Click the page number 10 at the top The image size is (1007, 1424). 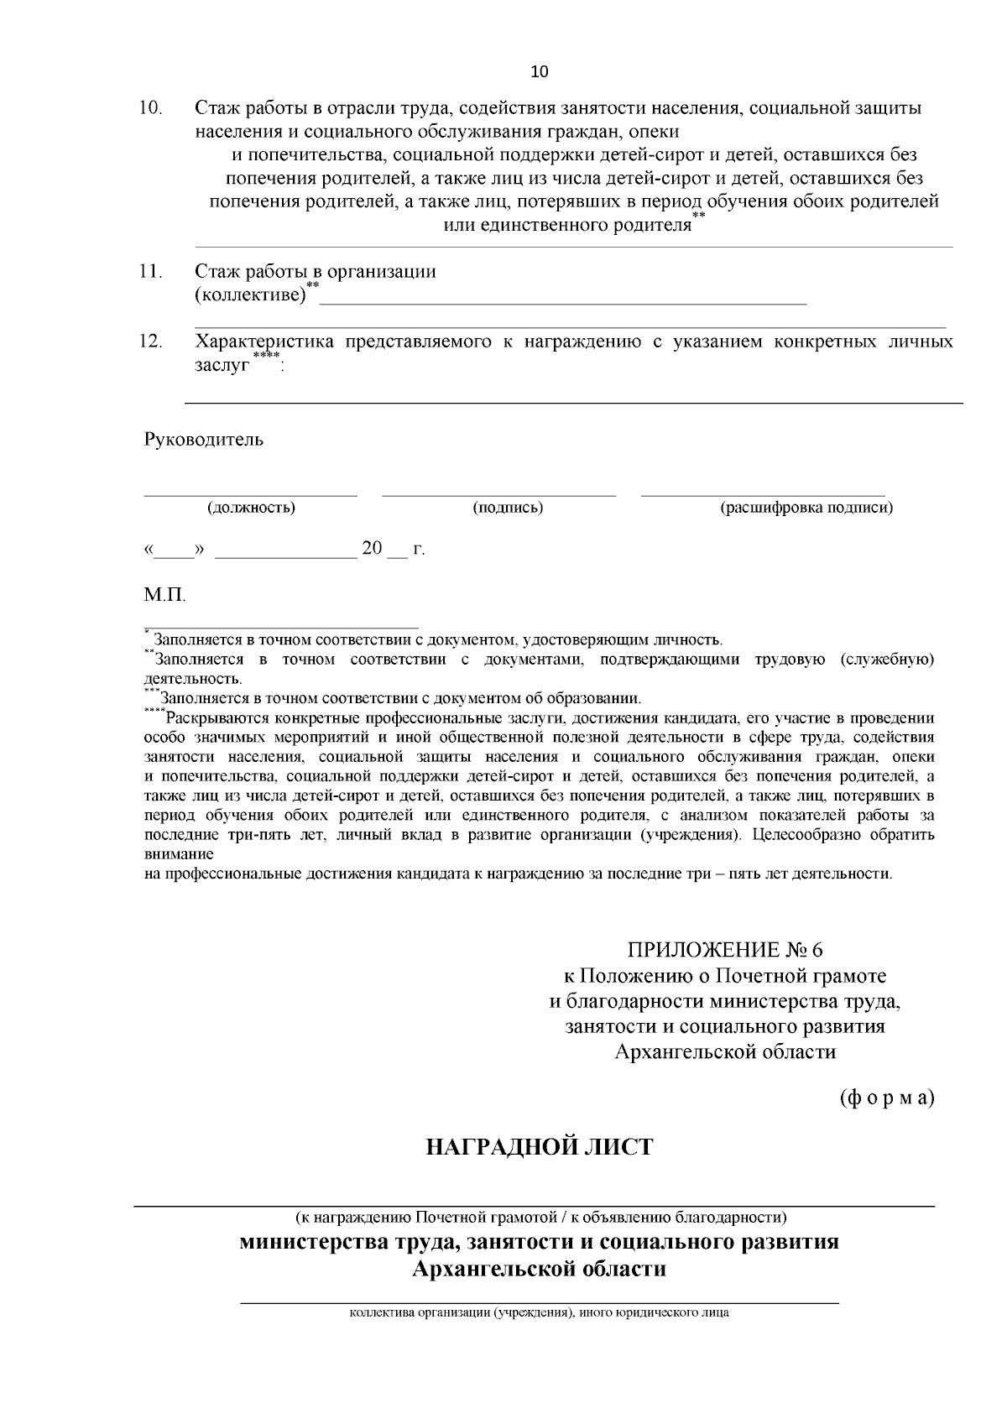click(540, 72)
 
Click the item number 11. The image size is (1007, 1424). click(150, 271)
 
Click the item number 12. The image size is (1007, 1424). click(150, 342)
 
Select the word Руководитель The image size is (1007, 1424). click(204, 440)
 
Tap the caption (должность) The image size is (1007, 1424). click(251, 508)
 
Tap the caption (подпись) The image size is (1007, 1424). click(508, 508)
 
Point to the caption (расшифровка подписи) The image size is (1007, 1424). click(806, 508)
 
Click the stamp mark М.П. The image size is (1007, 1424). click(164, 595)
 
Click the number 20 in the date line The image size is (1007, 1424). click(372, 549)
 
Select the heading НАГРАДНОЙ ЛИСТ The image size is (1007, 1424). click(539, 1147)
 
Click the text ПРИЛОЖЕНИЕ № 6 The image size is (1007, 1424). click(725, 950)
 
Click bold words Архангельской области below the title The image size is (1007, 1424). click(539, 1268)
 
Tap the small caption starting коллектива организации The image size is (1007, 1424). click(539, 1312)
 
